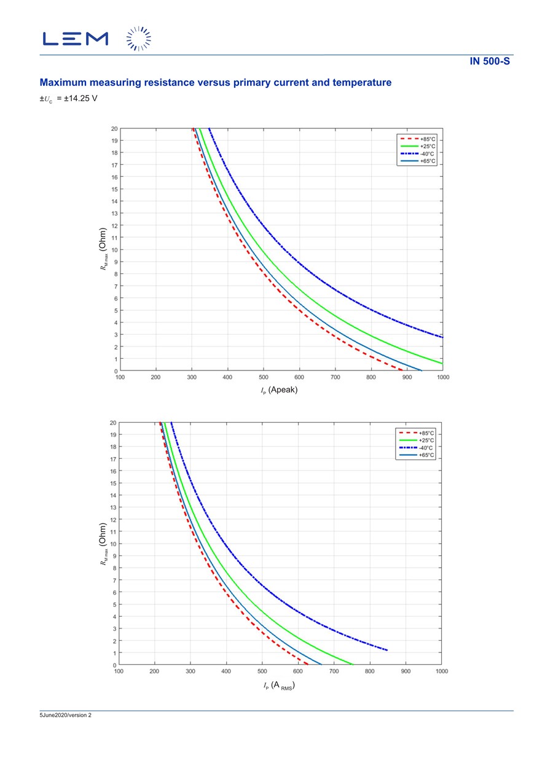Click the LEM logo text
coord(76,39)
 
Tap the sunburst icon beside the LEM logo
coord(138,39)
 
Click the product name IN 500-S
coord(490,61)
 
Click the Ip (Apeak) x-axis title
coord(279,390)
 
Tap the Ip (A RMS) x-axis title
coord(279,686)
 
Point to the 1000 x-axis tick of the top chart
coord(442,378)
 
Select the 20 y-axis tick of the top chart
coord(114,128)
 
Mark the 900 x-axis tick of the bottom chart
coord(406,671)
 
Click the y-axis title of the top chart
coord(103,249)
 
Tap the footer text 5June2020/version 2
coord(65,715)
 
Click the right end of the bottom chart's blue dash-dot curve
coord(386,650)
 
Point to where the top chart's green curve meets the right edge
coord(442,364)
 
